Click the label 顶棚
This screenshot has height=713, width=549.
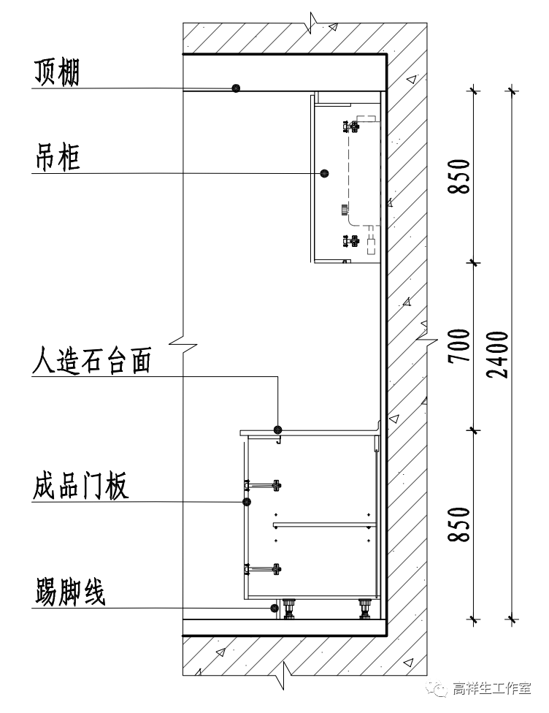[55, 73]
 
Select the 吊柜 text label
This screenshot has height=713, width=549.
[55, 157]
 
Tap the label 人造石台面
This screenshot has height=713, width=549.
[91, 361]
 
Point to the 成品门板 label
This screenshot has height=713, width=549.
[80, 486]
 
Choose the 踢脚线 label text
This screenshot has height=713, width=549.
[69, 592]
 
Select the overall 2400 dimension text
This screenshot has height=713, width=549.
[499, 354]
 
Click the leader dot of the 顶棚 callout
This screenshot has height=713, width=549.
[236, 88]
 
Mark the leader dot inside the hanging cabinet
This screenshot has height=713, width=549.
[324, 173]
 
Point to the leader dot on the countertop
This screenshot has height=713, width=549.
[277, 429]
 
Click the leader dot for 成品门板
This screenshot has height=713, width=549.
[246, 502]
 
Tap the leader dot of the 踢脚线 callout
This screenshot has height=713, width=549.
[274, 608]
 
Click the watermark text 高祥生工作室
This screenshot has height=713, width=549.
[491, 689]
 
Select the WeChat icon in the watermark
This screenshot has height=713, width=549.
[439, 689]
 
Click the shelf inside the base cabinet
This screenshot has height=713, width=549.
[321, 524]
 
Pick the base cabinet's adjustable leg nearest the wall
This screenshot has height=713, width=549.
[364, 608]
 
